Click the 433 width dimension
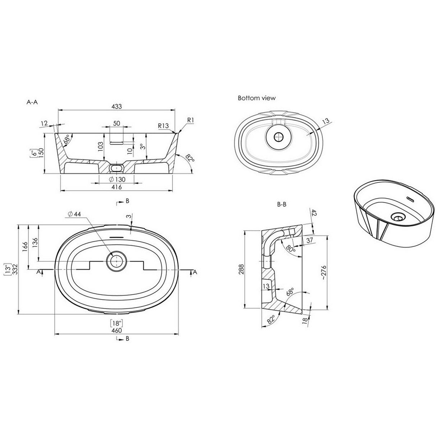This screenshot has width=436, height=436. [x=117, y=106]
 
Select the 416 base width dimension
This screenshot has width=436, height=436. [x=117, y=187]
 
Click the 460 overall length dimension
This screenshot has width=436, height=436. [x=117, y=330]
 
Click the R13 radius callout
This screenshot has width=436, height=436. [x=163, y=126]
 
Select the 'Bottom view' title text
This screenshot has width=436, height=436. [x=256, y=98]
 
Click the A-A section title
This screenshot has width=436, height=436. [x=32, y=102]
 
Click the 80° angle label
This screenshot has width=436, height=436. [x=291, y=248]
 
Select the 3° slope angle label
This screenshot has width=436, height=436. [x=142, y=147]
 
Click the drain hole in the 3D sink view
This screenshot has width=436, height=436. [x=397, y=216]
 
